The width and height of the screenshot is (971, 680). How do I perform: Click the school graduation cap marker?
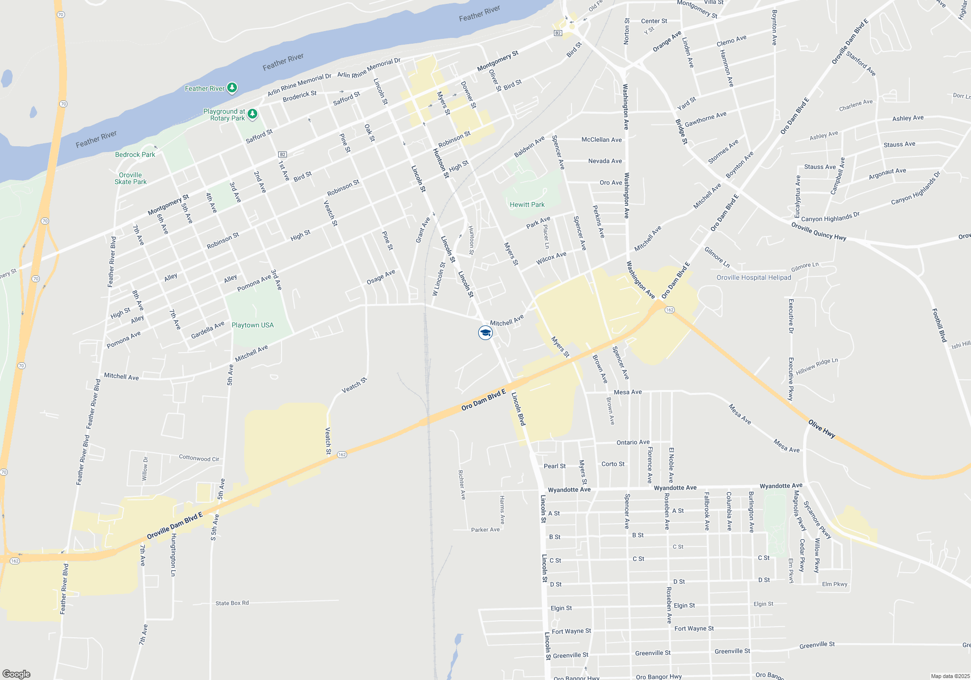pyautogui.click(x=485, y=333)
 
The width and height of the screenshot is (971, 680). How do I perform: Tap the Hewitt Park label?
pyautogui.click(x=527, y=204)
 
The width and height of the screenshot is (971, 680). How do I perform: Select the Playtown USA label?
pyautogui.click(x=252, y=325)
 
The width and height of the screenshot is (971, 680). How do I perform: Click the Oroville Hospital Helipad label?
pyautogui.click(x=753, y=277)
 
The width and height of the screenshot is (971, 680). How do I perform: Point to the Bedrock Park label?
pyautogui.click(x=135, y=154)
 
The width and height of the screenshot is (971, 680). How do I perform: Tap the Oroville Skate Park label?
pyautogui.click(x=130, y=178)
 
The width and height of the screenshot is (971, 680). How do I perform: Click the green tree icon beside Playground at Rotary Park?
pyautogui.click(x=252, y=114)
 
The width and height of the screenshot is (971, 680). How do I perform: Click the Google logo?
pyautogui.click(x=16, y=674)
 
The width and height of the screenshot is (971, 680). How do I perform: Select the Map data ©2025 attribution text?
pyautogui.click(x=950, y=676)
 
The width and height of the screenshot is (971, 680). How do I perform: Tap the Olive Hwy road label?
pyautogui.click(x=821, y=429)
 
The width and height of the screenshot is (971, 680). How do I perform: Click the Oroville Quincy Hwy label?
pyautogui.click(x=819, y=231)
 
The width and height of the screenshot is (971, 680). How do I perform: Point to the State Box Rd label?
pyautogui.click(x=232, y=603)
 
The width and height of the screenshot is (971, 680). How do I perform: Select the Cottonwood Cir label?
pyautogui.click(x=199, y=458)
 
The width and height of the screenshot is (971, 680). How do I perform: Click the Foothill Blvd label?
pyautogui.click(x=939, y=325)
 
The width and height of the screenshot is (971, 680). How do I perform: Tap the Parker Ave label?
pyautogui.click(x=485, y=529)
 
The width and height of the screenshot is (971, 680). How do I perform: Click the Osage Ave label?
pyautogui.click(x=381, y=277)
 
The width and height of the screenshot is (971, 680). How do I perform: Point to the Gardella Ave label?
pyautogui.click(x=207, y=330)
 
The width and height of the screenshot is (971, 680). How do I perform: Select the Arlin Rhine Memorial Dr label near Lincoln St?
pyautogui.click(x=368, y=68)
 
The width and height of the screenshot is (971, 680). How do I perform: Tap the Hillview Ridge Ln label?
pyautogui.click(x=817, y=366)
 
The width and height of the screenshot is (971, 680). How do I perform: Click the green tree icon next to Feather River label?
pyautogui.click(x=232, y=87)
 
